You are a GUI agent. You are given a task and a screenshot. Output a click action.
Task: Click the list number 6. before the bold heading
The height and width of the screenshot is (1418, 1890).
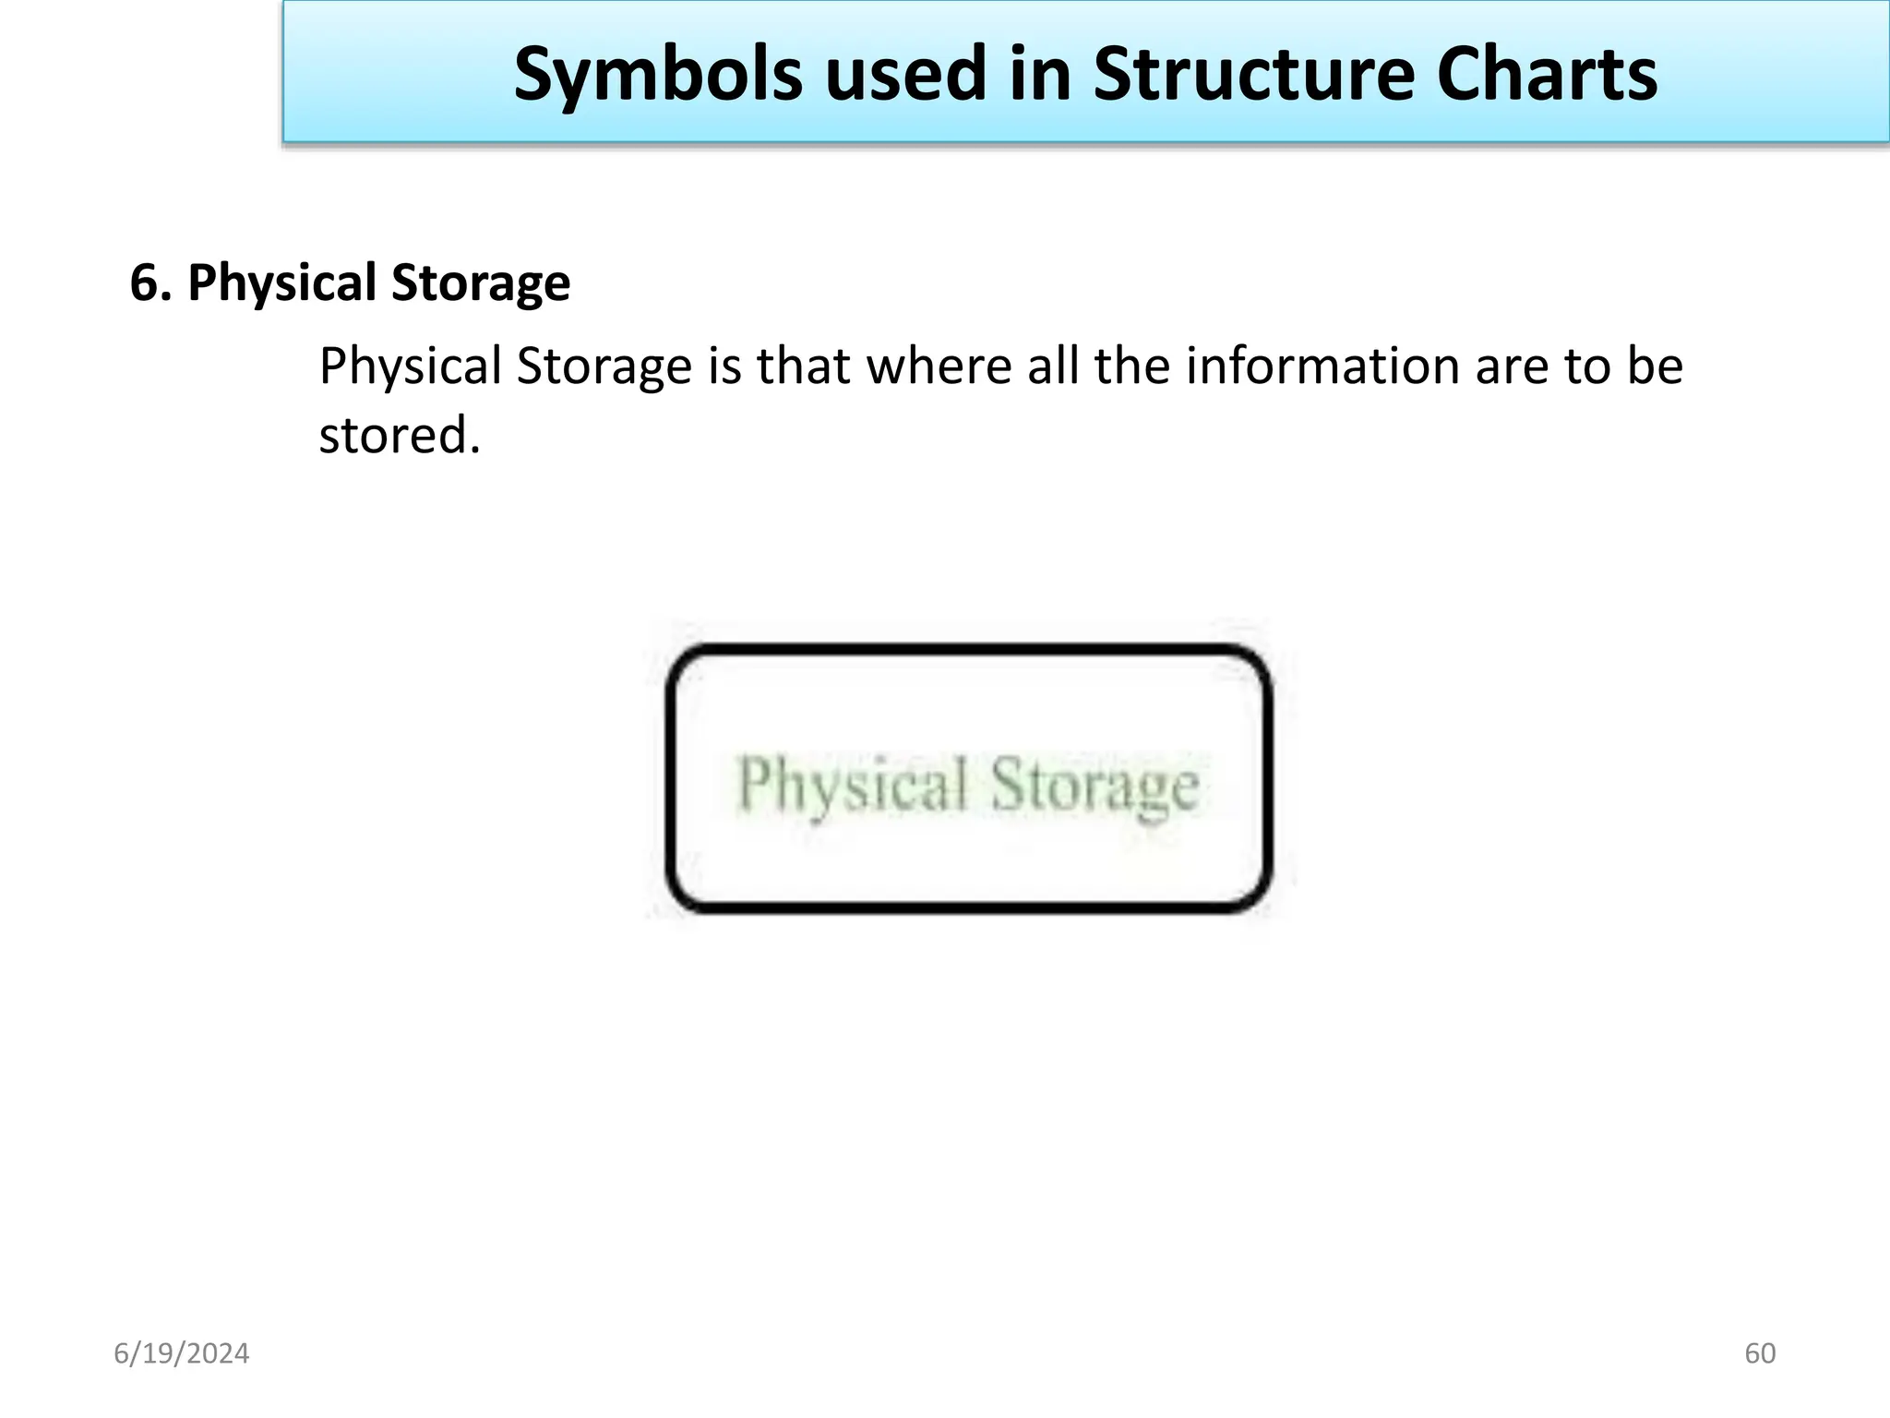point(150,282)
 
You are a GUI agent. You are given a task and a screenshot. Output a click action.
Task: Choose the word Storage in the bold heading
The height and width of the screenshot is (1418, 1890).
point(480,282)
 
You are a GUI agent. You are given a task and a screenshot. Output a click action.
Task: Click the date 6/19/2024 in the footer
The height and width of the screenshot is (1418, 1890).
point(182,1353)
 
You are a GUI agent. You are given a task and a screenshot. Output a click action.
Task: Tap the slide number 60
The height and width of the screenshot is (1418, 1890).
point(1760,1353)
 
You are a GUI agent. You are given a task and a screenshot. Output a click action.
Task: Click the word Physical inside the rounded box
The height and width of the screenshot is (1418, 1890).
point(852,785)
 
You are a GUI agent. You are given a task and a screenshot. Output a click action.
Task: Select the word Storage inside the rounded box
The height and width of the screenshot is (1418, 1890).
point(1095,786)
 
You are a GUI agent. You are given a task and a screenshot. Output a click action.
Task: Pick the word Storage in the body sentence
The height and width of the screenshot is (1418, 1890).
point(604,366)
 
